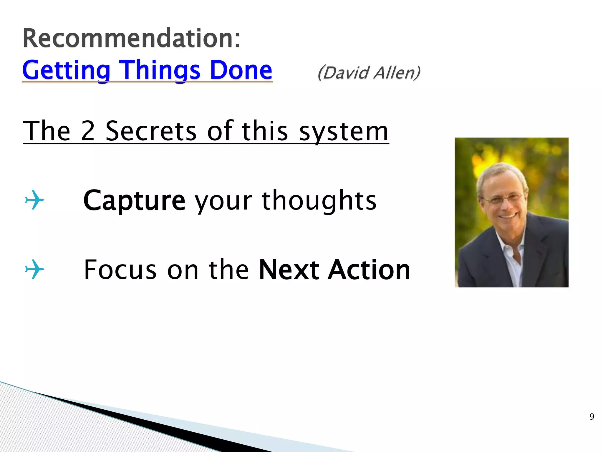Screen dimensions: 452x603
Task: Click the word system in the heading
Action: pos(344,132)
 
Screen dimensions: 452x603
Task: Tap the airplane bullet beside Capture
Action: pos(34,200)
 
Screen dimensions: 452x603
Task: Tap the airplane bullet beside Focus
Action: pos(34,269)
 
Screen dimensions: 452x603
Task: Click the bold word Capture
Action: pos(134,201)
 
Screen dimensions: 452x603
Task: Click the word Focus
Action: pos(120,270)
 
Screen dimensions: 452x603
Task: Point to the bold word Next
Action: pos(289,270)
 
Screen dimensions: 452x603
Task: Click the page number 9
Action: pos(592,416)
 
